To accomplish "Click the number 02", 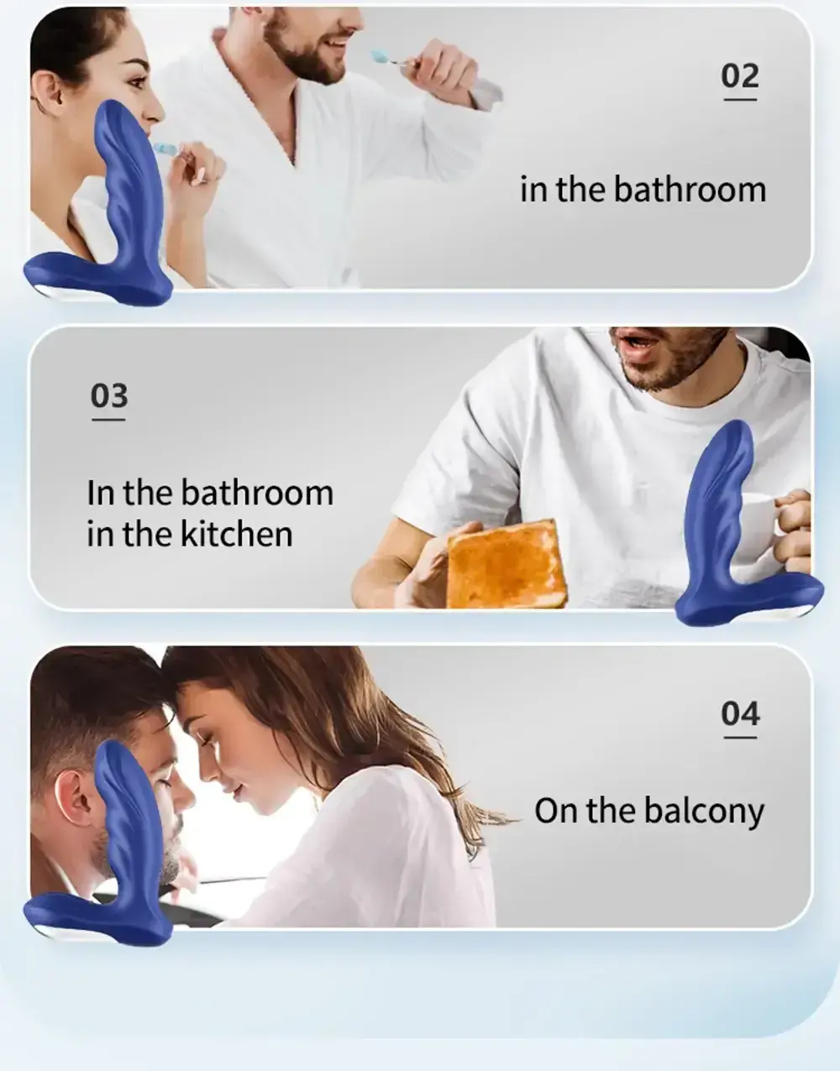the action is pos(740,76).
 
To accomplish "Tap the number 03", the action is pos(109,396).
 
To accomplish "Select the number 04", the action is pos(740,714).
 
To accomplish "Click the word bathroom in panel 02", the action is pos(690,190).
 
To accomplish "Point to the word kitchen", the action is pos(237,534).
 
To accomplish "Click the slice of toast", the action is pos(506,565).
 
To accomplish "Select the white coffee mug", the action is pos(770,532).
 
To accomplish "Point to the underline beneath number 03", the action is pos(108,420).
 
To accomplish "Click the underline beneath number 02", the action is pos(740,100).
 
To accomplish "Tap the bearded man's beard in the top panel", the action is pos(301,55).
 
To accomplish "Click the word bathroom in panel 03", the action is pos(257,493).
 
